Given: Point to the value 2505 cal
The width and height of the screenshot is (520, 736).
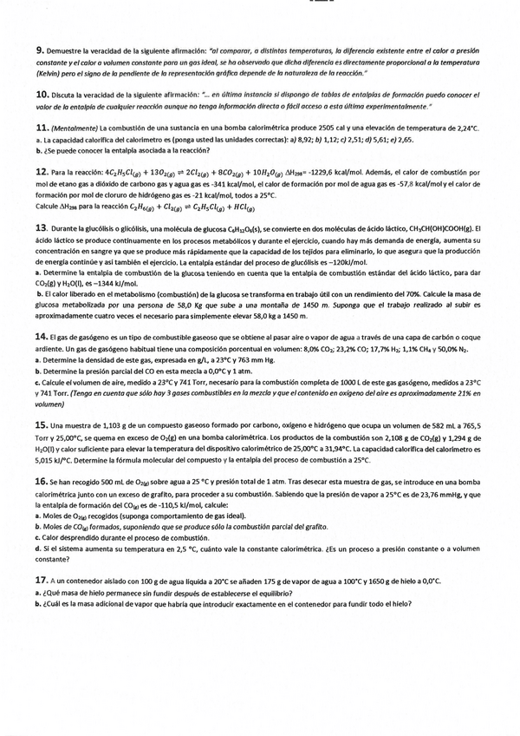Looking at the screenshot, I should point(344,128).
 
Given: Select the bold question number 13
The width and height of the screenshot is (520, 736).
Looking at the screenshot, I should point(42,227).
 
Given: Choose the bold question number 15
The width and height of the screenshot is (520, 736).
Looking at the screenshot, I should point(42,424).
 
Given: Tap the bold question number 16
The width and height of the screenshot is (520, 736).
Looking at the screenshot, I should point(42,481).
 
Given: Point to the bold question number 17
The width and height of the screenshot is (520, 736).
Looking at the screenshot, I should point(42,580).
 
